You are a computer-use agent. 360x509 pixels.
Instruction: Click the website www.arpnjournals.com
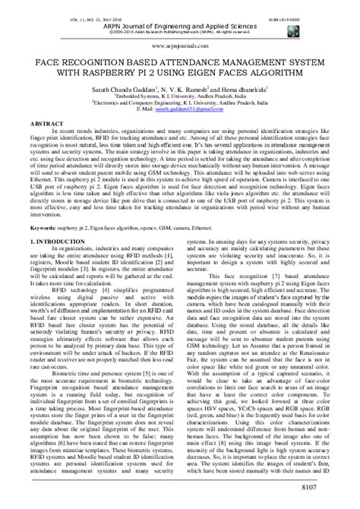pyautogui.click(x=180, y=45)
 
